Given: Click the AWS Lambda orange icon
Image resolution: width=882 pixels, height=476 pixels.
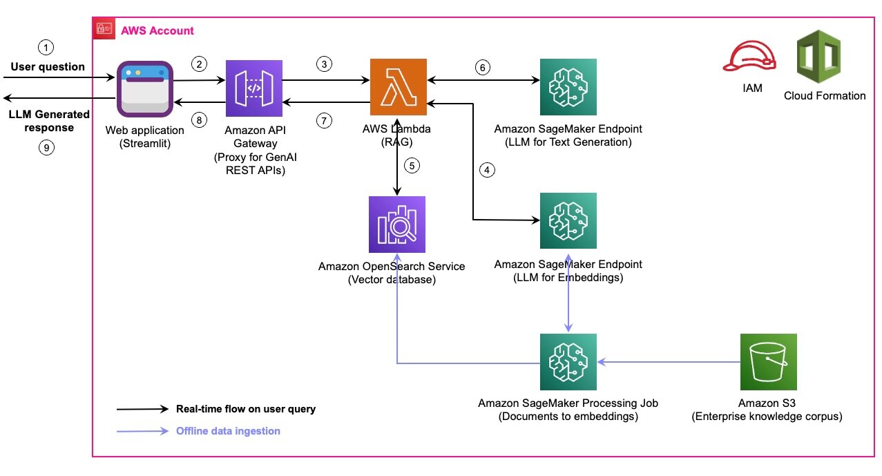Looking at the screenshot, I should coord(398,87).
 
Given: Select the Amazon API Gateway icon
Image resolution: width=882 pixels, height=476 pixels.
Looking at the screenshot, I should coord(254,87).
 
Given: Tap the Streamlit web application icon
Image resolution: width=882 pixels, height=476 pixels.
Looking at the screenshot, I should coord(144,88).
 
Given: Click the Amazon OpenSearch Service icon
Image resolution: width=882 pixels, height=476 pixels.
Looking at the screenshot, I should coord(397,224).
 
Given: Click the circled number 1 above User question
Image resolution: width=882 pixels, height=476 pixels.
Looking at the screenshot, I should coord(46,48).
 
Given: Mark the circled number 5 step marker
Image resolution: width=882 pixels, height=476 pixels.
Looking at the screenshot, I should coord(413,166).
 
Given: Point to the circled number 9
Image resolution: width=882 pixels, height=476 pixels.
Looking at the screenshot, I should coord(46,148).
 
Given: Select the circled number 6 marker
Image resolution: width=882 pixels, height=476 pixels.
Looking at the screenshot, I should coord(483,67).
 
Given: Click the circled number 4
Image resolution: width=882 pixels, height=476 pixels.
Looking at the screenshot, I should coord(488,171).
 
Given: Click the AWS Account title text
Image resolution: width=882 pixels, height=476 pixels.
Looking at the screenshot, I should coord(157,30).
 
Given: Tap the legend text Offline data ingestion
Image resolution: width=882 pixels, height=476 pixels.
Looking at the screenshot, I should coord(228,430).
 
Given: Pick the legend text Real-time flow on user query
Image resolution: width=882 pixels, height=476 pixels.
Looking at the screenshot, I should coord(245,408).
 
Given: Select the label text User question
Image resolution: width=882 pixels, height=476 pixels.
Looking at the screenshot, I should coord(47,67).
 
